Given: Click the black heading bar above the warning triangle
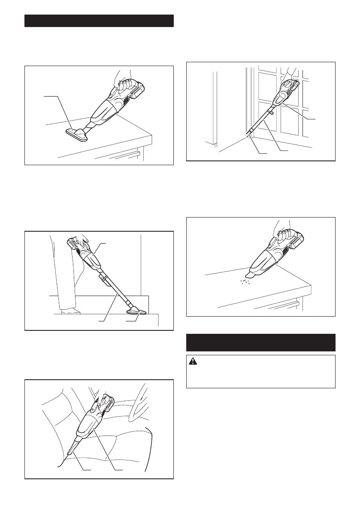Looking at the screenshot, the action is click(261, 342).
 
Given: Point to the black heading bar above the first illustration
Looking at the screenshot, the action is click(99, 21).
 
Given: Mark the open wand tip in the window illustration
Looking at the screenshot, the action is click(248, 137).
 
